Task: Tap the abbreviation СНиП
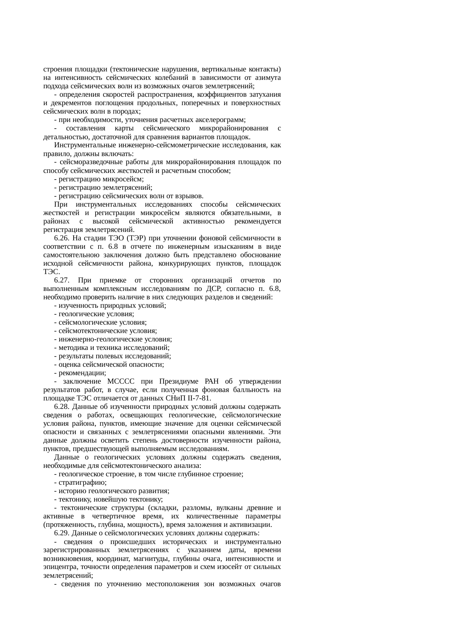pyautogui.click(x=168, y=399)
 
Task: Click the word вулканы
pyautogui.click(x=229, y=508)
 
